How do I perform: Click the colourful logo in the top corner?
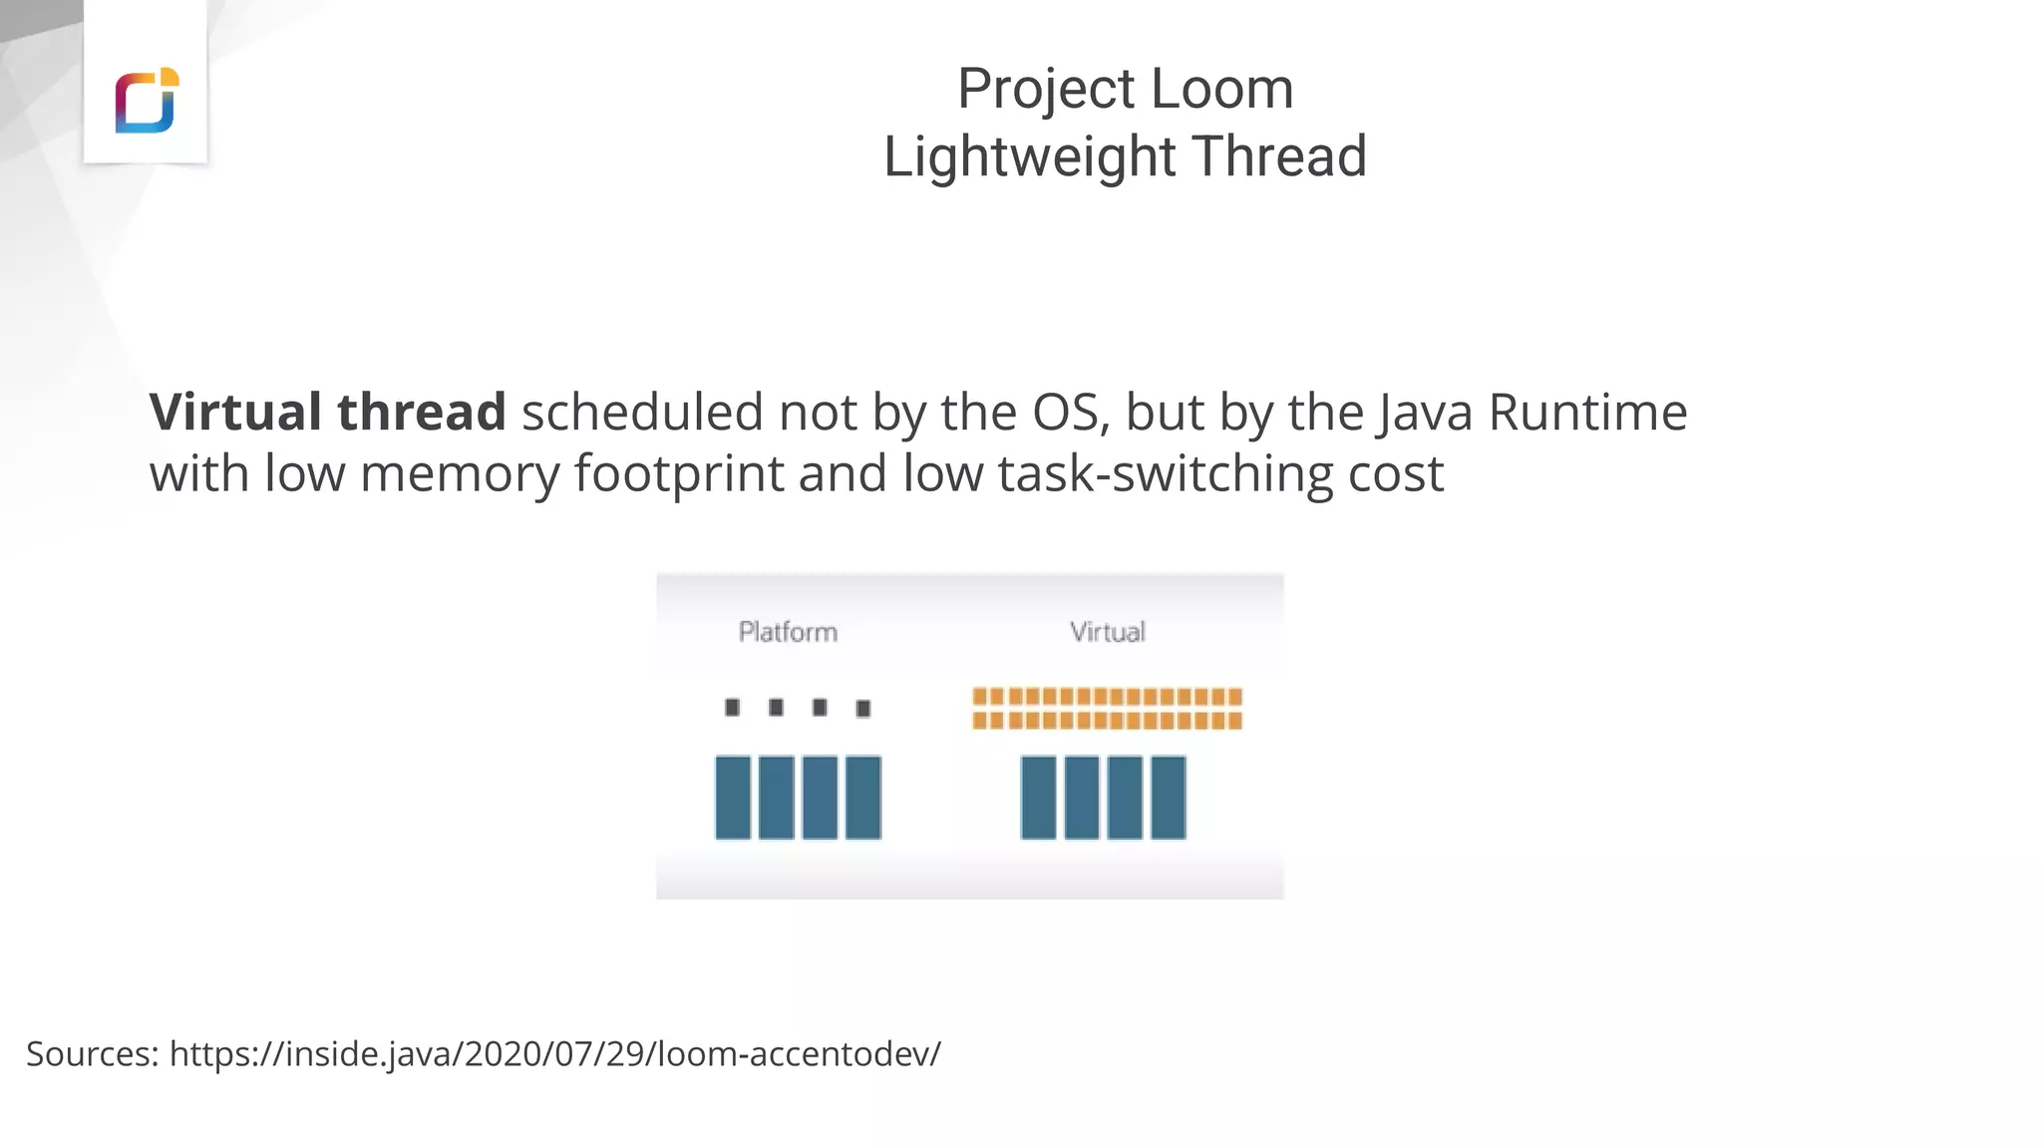[147, 100]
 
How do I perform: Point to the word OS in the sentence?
[1069, 412]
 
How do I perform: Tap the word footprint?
[678, 472]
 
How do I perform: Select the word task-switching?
[1165, 472]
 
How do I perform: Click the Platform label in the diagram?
[788, 632]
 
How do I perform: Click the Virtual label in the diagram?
[1107, 632]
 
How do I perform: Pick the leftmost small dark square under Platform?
[733, 708]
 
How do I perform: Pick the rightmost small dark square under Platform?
[863, 709]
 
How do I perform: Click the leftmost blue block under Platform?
[733, 797]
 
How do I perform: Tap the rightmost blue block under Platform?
[863, 797]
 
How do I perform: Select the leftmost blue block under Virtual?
[1038, 797]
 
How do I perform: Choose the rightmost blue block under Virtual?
[1169, 797]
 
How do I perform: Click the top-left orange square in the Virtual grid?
[980, 697]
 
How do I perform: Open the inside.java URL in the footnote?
[554, 1053]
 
